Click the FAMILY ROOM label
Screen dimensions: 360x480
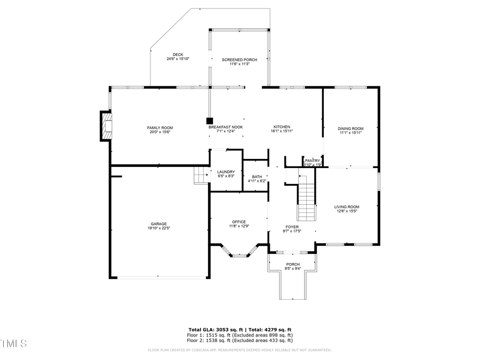point(160,127)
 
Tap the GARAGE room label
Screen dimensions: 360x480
point(158,223)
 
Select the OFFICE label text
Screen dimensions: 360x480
point(238,222)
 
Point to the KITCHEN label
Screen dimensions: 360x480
point(282,127)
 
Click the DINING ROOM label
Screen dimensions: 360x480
point(350,129)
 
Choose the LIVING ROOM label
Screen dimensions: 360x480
point(347,207)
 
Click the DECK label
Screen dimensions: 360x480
point(178,54)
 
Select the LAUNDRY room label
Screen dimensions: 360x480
point(226,172)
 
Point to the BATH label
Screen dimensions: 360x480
point(257,177)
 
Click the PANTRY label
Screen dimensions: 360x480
point(313,161)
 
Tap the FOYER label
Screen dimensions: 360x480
point(292,227)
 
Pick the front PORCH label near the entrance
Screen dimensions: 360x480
point(293,264)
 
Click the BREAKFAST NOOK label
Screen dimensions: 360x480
point(226,127)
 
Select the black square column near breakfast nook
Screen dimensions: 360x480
point(210,121)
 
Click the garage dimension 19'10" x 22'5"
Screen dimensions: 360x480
point(158,228)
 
